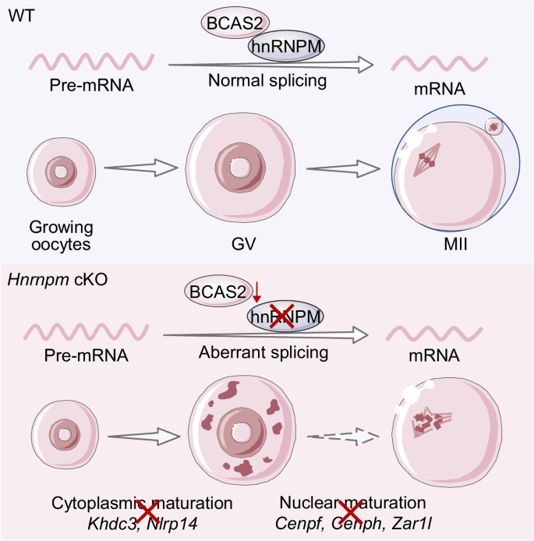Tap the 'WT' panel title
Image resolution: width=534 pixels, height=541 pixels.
point(20,15)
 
